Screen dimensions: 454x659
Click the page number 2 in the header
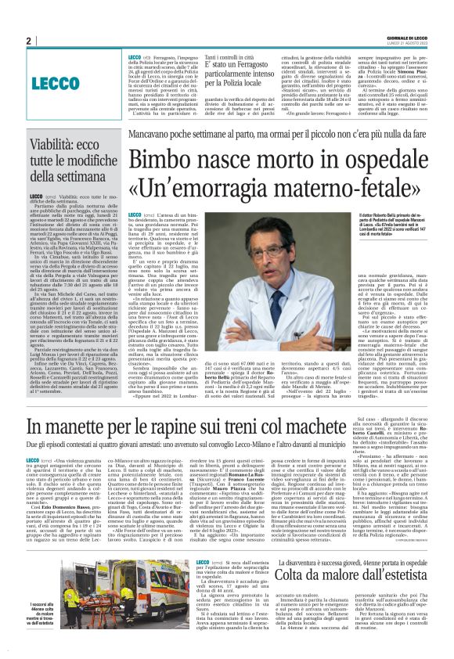click(28, 41)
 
